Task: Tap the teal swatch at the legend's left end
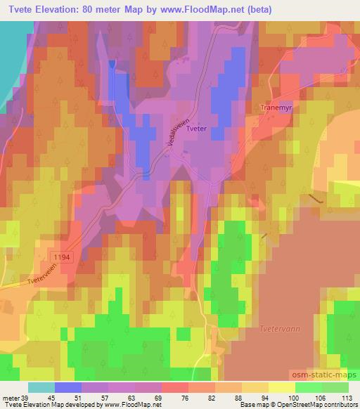pyautogui.click(x=41, y=387)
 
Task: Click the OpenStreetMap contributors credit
pyautogui.click(x=317, y=405)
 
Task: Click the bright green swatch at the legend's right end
pyautogui.click(x=335, y=387)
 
